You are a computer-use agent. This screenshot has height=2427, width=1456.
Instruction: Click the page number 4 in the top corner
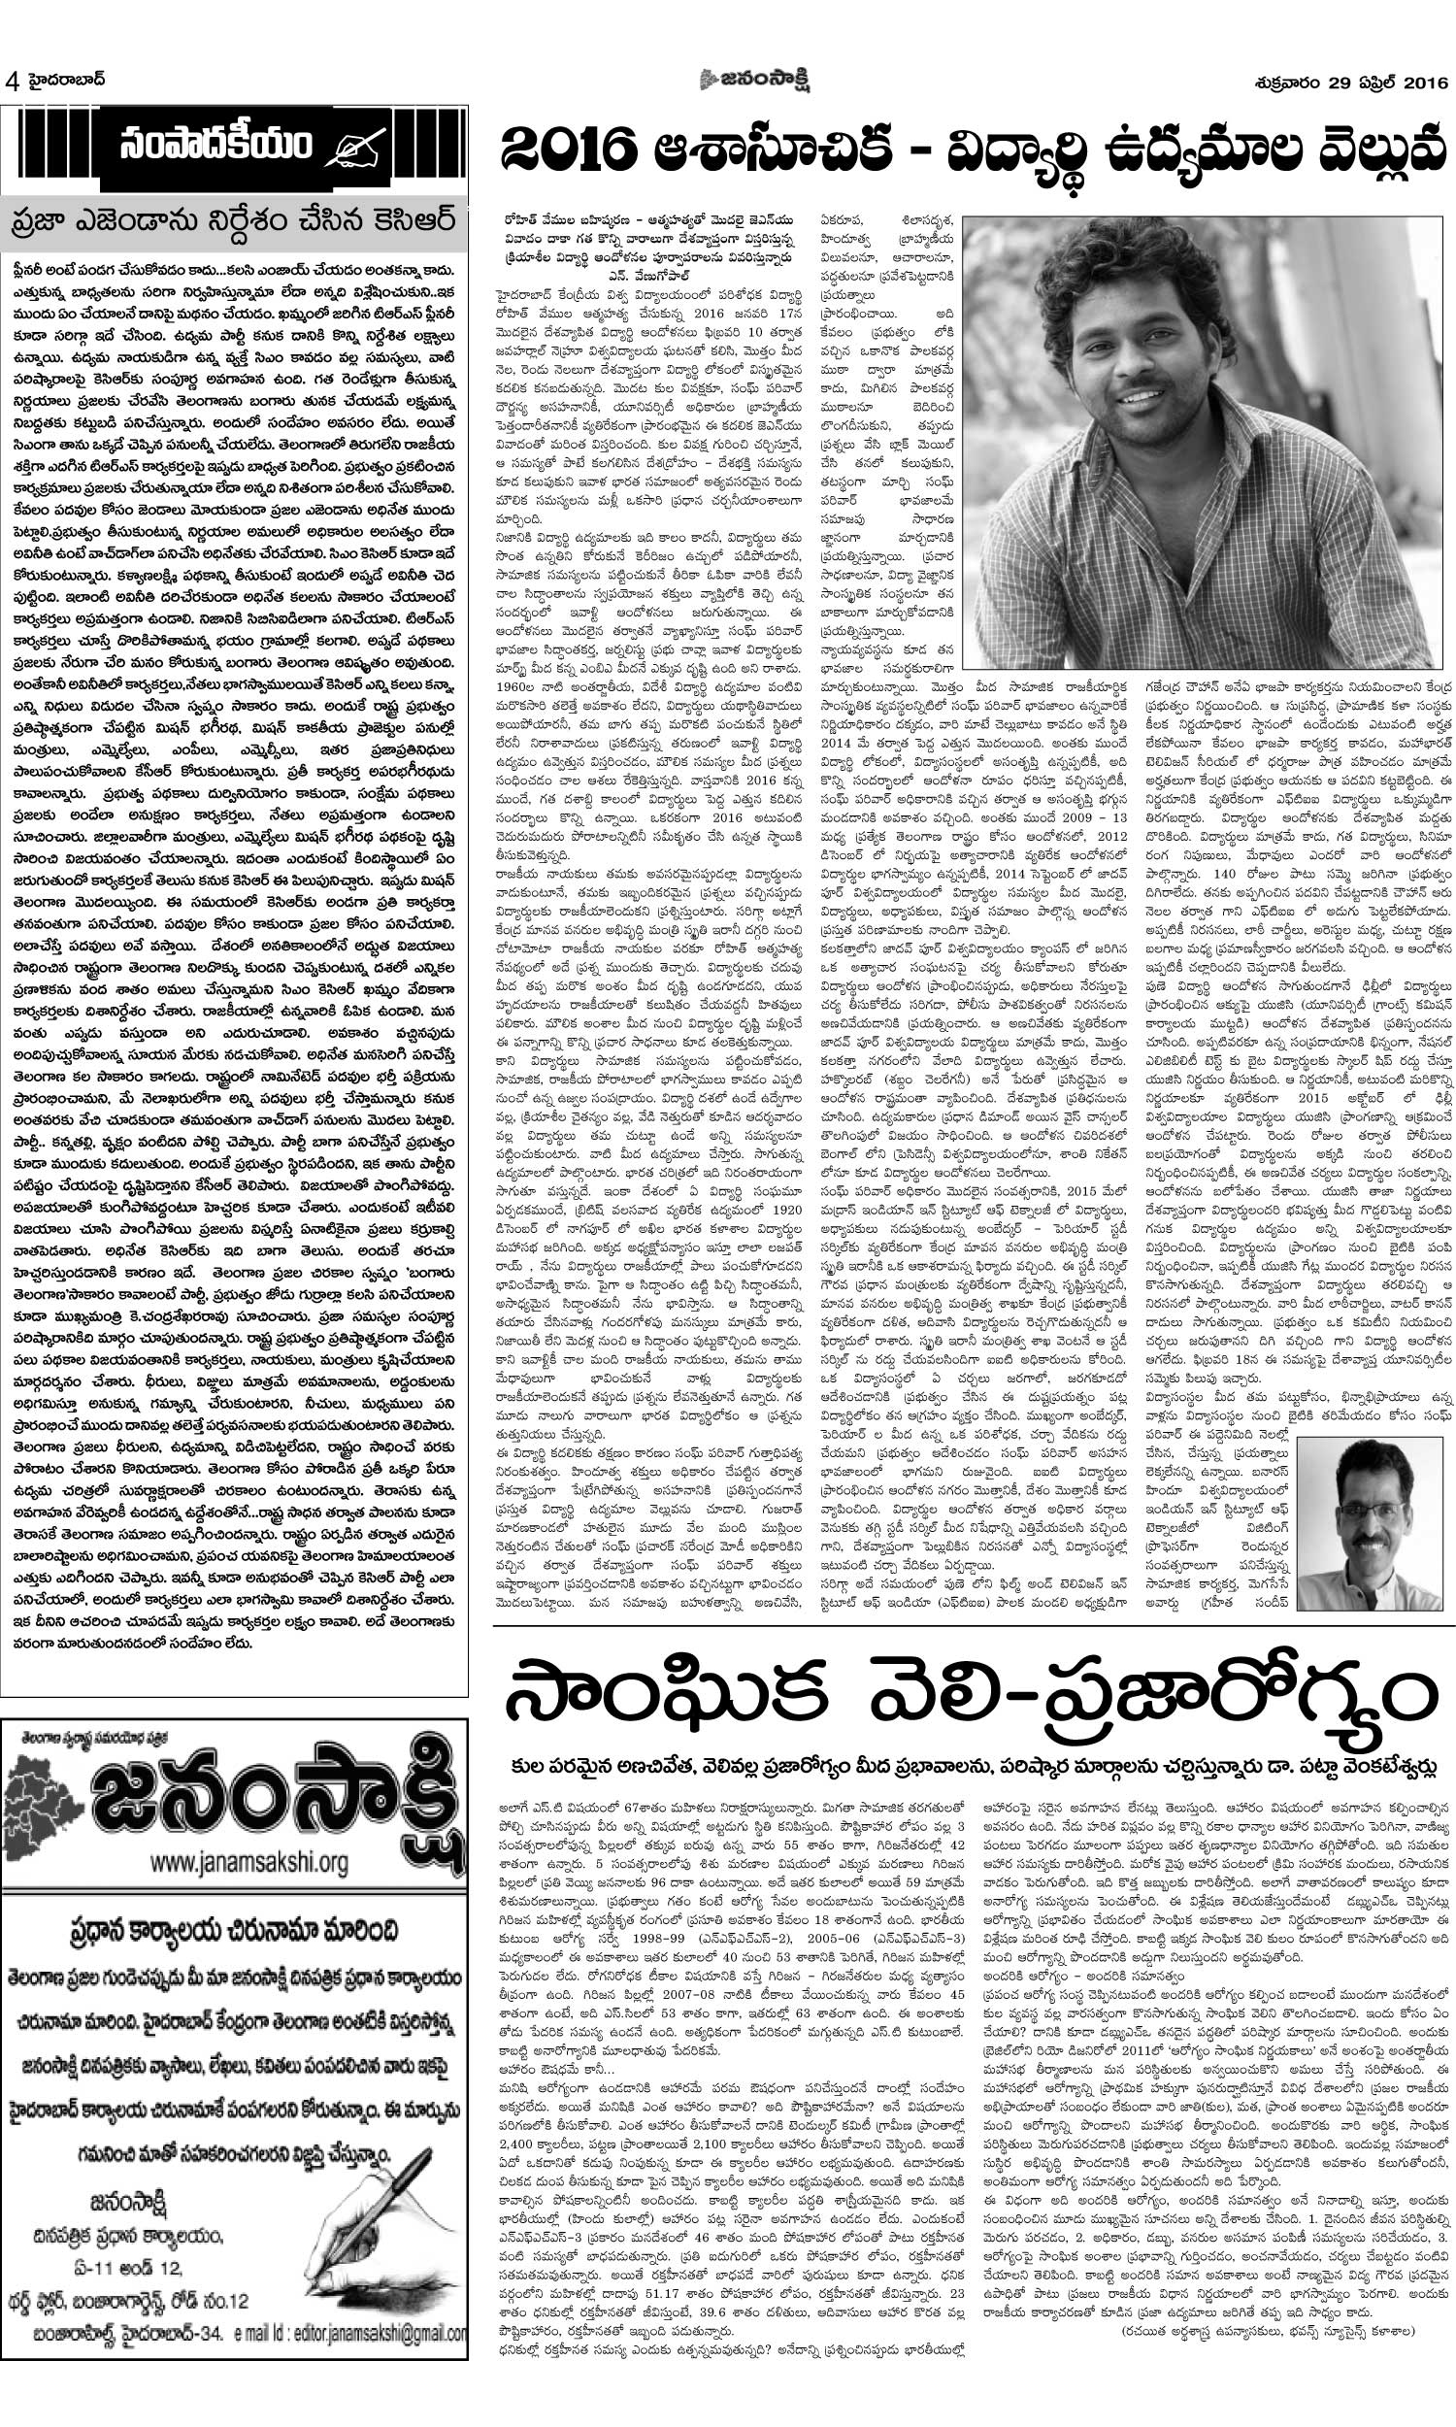coord(13,82)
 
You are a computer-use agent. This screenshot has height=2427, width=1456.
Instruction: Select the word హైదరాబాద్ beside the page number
coord(63,80)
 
